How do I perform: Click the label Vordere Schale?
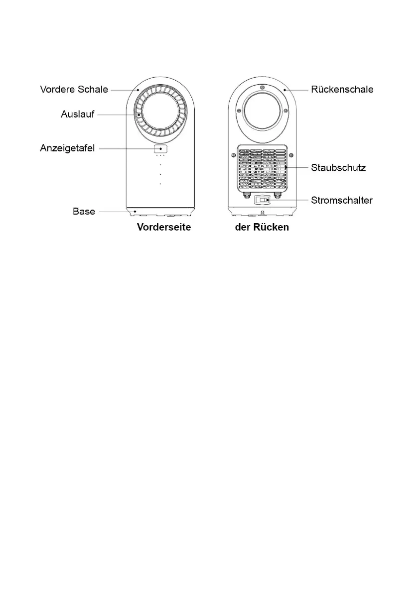tap(74, 90)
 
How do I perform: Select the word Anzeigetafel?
tap(67, 148)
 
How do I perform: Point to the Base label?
tap(84, 212)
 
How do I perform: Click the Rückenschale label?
tap(342, 90)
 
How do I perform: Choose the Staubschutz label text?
tap(338, 168)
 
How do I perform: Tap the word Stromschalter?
tap(342, 200)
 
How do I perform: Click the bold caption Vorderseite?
tap(164, 228)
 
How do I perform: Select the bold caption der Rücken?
tap(262, 228)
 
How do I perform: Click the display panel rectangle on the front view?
tap(160, 148)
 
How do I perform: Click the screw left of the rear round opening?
tap(239, 110)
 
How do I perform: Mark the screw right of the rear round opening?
tap(285, 110)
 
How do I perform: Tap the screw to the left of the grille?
tap(233, 155)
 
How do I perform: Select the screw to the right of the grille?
tap(291, 155)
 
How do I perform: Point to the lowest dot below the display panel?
tap(160, 184)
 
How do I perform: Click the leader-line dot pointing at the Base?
tap(135, 212)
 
